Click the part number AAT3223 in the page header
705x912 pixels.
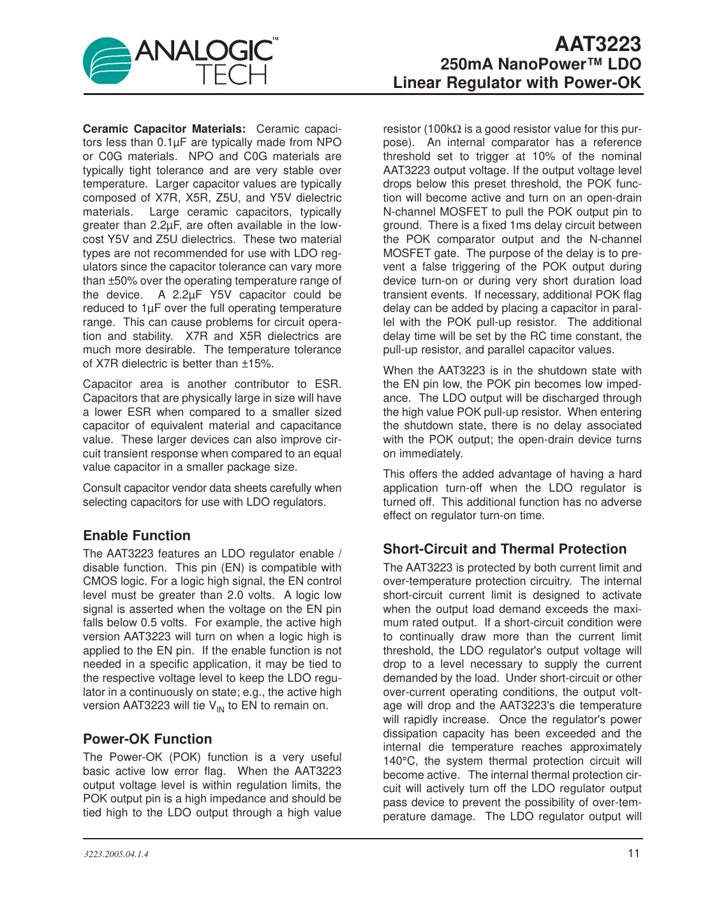[597, 44]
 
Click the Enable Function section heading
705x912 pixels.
[137, 536]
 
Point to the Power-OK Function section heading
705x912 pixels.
[147, 739]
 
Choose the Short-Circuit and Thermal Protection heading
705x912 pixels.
[505, 549]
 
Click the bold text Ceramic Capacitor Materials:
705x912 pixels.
[164, 129]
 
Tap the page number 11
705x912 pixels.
[634, 853]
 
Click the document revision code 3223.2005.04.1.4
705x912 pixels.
[116, 854]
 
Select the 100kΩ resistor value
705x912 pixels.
[445, 129]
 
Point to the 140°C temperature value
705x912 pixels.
[401, 761]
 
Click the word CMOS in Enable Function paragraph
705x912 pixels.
[98, 581]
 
